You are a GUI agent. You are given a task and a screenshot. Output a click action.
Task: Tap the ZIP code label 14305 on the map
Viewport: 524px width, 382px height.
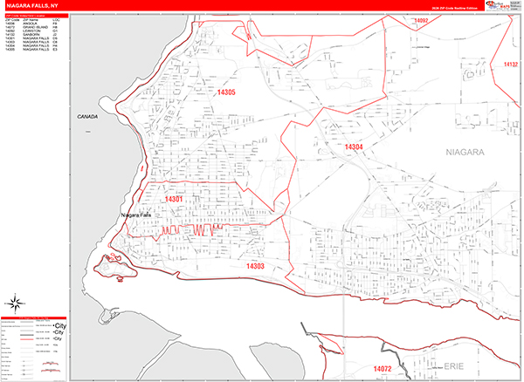point(226,92)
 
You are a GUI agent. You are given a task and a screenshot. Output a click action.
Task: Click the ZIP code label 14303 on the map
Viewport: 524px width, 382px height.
point(255,266)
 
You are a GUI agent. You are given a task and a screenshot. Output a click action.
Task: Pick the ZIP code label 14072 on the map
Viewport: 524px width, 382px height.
point(383,369)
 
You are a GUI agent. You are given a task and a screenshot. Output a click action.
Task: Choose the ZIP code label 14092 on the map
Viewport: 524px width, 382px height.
point(422,19)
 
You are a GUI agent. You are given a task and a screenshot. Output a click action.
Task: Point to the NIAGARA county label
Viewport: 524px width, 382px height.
point(464,152)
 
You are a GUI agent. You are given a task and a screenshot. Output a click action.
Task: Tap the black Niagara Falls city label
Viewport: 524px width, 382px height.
point(137,215)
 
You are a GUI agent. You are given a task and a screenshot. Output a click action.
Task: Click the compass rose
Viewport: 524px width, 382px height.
point(15,304)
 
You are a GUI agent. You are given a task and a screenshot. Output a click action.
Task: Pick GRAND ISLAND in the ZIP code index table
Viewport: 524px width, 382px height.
point(36,27)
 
